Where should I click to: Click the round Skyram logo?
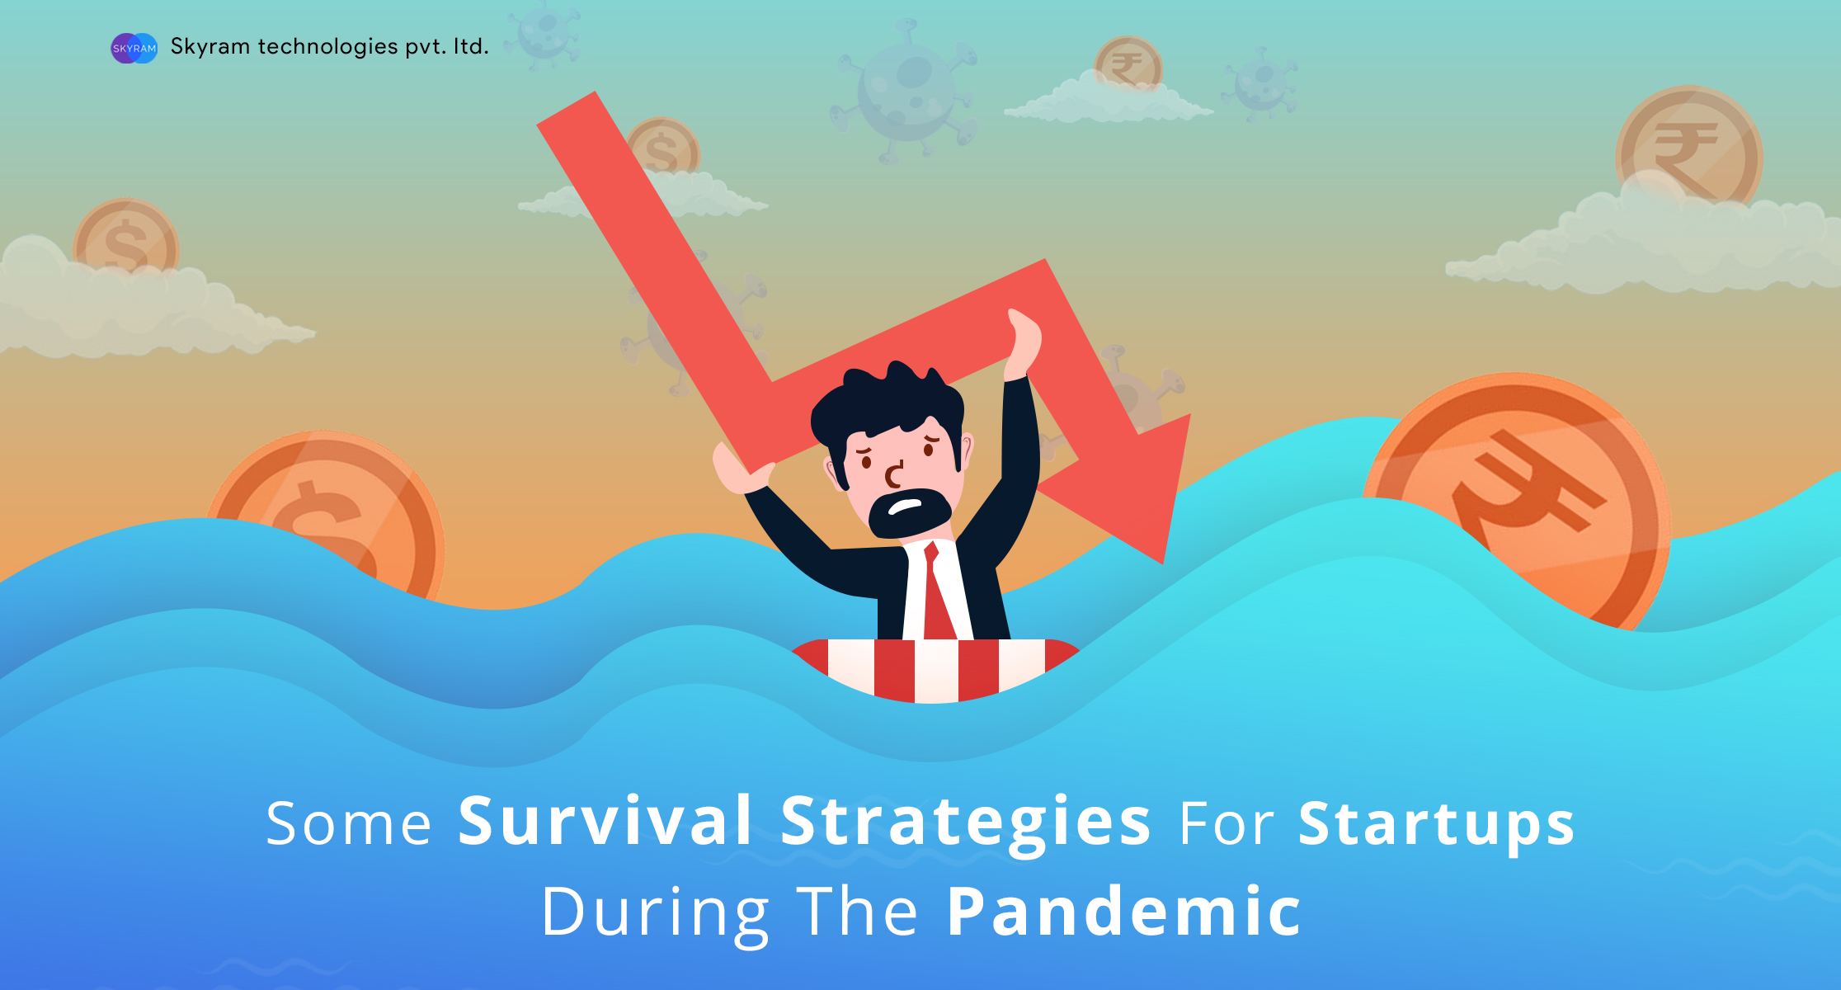134,48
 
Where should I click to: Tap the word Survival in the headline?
605,821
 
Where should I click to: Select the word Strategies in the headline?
965,823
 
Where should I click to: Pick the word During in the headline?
655,914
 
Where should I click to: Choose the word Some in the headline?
348,823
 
